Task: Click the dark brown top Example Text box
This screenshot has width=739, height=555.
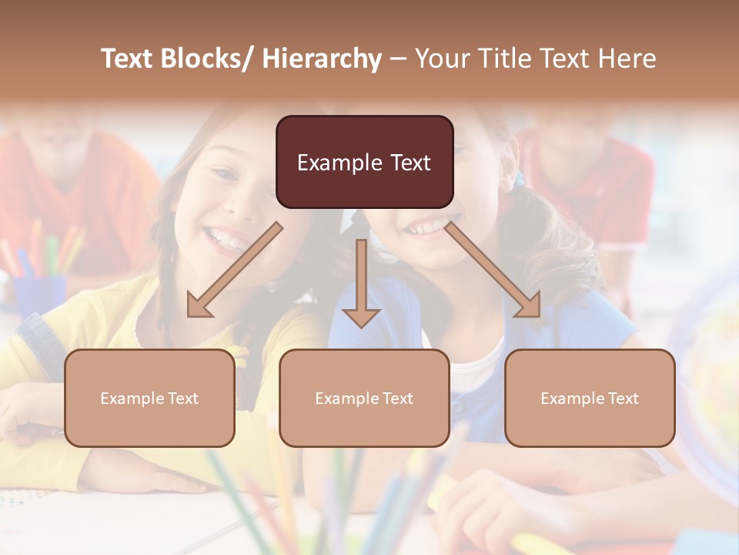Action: [364, 162]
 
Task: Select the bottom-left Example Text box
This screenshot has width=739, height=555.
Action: [149, 398]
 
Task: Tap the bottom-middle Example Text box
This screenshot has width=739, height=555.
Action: [364, 398]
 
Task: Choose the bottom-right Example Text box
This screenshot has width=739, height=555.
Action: [590, 398]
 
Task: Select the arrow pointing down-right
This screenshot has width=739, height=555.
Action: [493, 270]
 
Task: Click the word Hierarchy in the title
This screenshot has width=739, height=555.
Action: [322, 59]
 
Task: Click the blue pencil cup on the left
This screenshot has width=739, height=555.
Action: [38, 297]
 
